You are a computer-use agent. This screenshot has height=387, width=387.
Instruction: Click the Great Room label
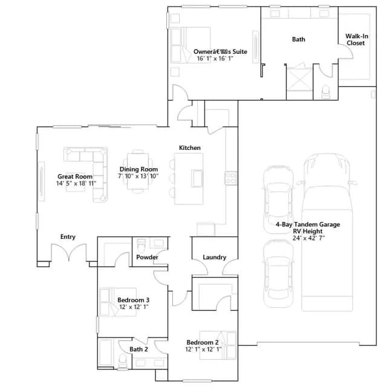tap(75, 177)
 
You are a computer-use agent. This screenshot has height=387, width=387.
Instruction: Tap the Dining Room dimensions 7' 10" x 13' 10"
tap(138, 176)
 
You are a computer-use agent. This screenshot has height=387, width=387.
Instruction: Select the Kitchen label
tap(189, 148)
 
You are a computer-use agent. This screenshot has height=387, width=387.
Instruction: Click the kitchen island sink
tap(197, 178)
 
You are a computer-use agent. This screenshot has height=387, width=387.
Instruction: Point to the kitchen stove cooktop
tap(231, 178)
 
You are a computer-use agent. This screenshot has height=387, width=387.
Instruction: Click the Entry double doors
tap(69, 252)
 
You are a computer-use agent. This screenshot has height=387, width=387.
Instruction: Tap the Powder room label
tap(147, 257)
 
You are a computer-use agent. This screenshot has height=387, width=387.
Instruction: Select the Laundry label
tap(215, 257)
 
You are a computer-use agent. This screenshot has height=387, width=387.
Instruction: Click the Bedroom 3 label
tap(133, 300)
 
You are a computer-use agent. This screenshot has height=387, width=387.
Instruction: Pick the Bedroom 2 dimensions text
tap(203, 350)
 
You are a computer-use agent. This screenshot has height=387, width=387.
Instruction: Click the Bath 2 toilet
tap(123, 362)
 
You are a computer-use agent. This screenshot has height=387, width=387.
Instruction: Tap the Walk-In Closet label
tap(357, 39)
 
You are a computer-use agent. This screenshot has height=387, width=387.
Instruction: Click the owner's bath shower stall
tap(299, 79)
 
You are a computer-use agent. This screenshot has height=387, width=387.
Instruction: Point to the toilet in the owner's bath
tap(325, 92)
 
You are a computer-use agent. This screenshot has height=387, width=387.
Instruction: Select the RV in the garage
tap(327, 232)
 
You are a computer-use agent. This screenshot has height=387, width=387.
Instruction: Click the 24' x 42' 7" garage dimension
tap(308, 238)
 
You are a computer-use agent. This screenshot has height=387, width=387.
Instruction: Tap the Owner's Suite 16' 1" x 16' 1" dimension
tap(215, 59)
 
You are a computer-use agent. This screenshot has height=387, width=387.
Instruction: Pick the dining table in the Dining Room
tap(138, 171)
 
